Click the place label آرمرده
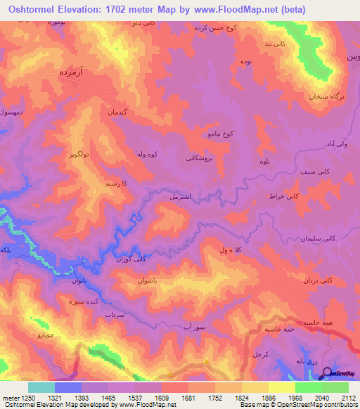click(72, 72)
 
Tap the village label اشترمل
click(184, 197)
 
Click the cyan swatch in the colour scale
click(41, 387)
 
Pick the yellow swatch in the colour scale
click(281, 387)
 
